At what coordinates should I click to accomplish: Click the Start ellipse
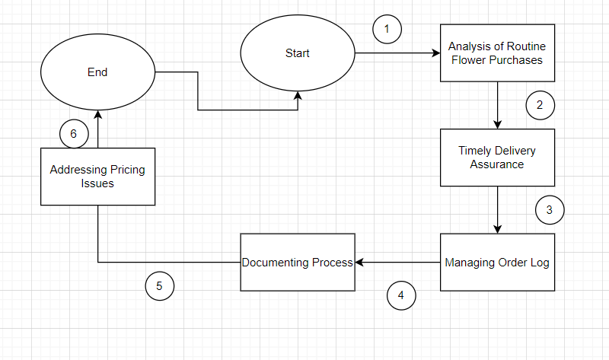click(298, 53)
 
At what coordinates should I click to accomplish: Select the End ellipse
click(97, 72)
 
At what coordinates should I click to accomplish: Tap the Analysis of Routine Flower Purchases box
click(497, 53)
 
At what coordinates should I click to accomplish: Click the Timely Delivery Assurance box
click(497, 158)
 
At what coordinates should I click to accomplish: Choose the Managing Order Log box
click(497, 263)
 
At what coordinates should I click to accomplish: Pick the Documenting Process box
click(298, 262)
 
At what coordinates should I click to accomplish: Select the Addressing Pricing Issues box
click(97, 176)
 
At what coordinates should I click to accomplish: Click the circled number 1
click(387, 30)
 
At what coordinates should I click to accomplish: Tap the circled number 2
click(540, 105)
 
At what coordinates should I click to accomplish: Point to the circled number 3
click(550, 209)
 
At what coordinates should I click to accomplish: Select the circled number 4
click(401, 295)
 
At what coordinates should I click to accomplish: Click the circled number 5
click(159, 286)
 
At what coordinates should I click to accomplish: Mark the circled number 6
click(74, 134)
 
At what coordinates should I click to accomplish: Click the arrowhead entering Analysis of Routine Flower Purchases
click(436, 53)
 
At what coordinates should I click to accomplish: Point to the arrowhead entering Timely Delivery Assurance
click(497, 124)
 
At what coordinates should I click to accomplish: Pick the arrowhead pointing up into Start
click(298, 96)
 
